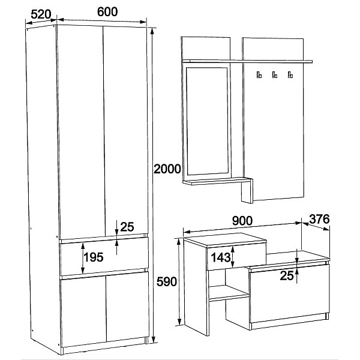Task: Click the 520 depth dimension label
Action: click(x=41, y=14)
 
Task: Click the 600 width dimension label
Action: click(x=107, y=12)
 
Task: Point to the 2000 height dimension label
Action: click(x=167, y=169)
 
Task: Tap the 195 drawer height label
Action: click(x=93, y=257)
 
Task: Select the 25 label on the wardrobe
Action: click(x=127, y=227)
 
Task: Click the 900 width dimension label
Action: click(x=242, y=221)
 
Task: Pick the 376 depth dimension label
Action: click(x=319, y=219)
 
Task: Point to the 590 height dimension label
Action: click(x=166, y=281)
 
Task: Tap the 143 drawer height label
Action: click(x=221, y=257)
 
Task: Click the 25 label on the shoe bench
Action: click(x=287, y=275)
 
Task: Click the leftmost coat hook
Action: click(x=259, y=74)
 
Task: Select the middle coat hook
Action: click(x=275, y=74)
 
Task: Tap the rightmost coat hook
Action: click(x=290, y=74)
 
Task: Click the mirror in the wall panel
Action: click(x=208, y=121)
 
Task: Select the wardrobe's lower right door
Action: click(x=127, y=307)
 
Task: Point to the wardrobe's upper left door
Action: click(x=81, y=132)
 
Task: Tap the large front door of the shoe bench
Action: click(x=290, y=294)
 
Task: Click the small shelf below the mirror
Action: click(x=217, y=181)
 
